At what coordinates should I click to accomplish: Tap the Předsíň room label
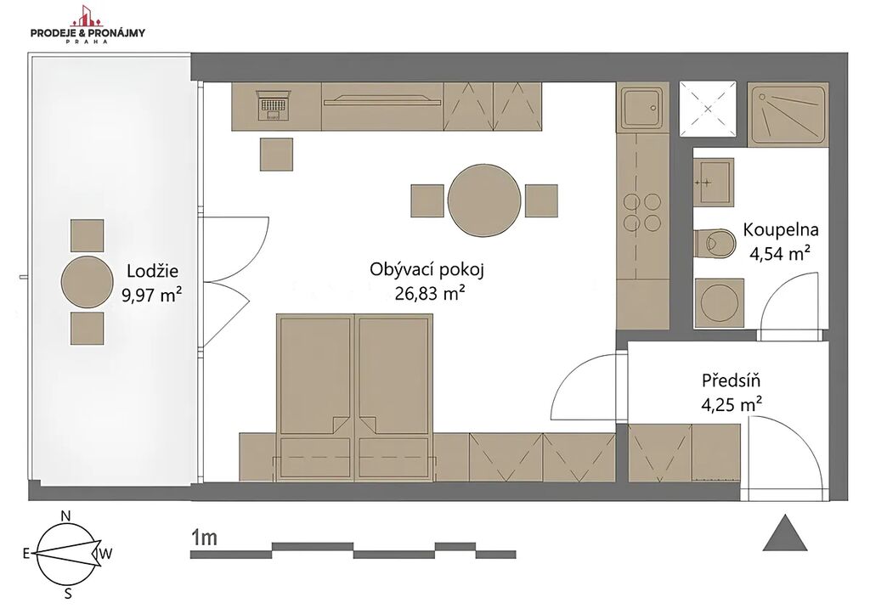tap(731, 381)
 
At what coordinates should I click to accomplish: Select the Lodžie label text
tap(152, 271)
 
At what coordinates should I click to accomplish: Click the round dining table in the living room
tap(484, 200)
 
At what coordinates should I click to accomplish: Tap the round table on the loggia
tap(88, 282)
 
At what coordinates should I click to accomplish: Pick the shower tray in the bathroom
tap(788, 115)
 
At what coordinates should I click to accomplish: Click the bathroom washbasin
tap(715, 181)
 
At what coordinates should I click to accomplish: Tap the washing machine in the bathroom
tap(718, 302)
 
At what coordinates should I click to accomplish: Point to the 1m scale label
tap(203, 538)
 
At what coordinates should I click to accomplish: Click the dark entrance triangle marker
tap(784, 533)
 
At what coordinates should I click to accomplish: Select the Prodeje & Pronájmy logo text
tap(88, 33)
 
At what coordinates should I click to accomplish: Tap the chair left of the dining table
tap(427, 200)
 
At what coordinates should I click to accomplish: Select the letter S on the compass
tap(68, 594)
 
